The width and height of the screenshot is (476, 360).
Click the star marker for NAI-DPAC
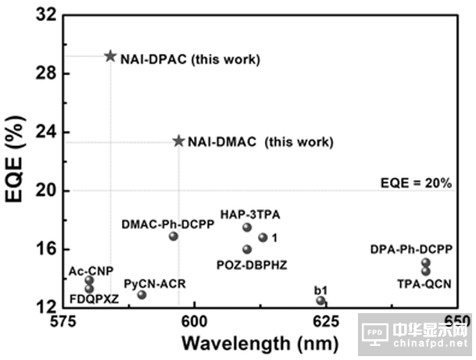click(x=110, y=56)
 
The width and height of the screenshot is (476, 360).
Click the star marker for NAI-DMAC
click(x=178, y=141)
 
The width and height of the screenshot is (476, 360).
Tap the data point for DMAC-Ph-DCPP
click(x=174, y=236)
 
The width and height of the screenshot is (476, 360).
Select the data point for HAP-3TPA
click(x=247, y=227)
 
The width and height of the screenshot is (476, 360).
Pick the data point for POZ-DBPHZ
click(x=247, y=249)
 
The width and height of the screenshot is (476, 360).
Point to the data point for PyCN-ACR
click(x=141, y=294)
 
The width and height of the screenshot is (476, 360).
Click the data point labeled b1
click(x=320, y=301)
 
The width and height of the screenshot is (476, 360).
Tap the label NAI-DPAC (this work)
click(x=190, y=59)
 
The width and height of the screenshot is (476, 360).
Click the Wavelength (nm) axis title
click(x=259, y=343)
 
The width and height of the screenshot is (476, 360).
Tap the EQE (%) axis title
click(x=16, y=161)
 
